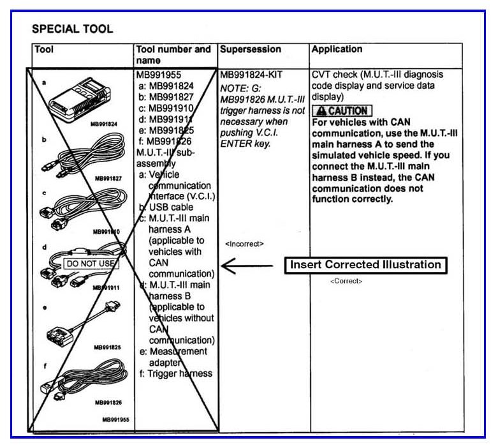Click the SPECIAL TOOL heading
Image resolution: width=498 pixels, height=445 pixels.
point(72,29)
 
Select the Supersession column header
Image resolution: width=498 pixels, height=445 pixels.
point(250,49)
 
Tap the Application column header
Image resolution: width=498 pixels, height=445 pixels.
point(337,49)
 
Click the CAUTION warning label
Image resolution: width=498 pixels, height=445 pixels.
point(341,110)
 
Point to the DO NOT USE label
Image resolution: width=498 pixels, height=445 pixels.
point(91,263)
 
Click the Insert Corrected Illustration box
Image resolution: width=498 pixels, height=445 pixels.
point(365,264)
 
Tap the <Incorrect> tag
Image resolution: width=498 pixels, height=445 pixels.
point(244,244)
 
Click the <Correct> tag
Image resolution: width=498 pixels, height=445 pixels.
point(346,281)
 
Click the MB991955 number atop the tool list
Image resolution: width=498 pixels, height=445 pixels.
point(159,75)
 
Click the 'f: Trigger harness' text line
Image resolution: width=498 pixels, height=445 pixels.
point(175,373)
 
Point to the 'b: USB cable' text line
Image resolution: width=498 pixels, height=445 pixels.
point(169,207)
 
